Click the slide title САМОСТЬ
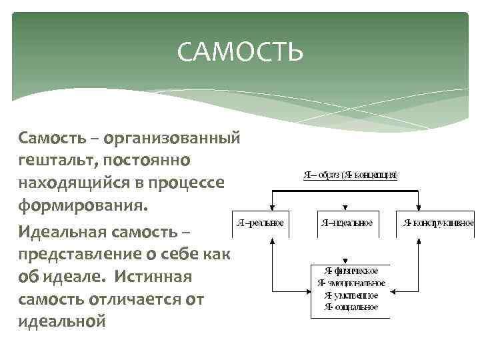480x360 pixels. coord(240,52)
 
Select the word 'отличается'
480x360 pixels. coord(131,299)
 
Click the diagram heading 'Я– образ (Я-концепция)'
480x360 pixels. coord(351,175)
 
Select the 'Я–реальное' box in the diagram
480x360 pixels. coord(261,223)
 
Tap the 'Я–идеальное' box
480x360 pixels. coord(346,223)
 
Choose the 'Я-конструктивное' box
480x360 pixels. coord(437,223)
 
